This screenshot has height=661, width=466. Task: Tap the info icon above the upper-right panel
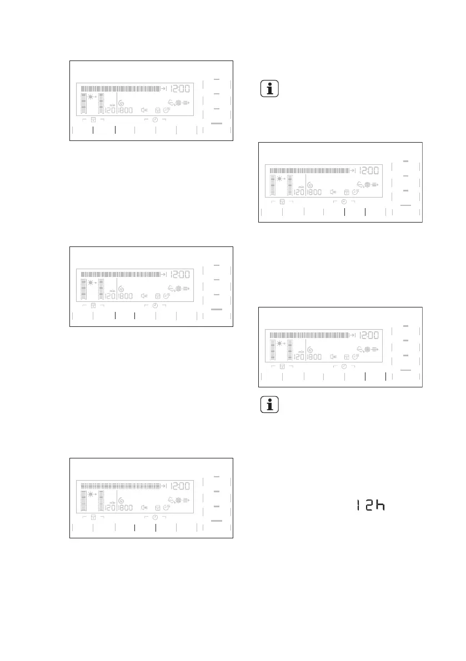pyautogui.click(x=269, y=89)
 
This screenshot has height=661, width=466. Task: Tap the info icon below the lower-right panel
pyautogui.click(x=269, y=405)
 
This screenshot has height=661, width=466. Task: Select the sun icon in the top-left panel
pyautogui.click(x=91, y=97)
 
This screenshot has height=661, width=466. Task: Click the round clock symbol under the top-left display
pyautogui.click(x=156, y=120)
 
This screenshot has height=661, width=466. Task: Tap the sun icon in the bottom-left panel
pyautogui.click(x=91, y=494)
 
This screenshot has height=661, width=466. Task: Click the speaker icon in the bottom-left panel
pyautogui.click(x=144, y=507)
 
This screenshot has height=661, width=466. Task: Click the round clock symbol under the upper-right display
pyautogui.click(x=344, y=201)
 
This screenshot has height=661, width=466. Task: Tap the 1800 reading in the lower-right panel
pyautogui.click(x=314, y=357)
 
